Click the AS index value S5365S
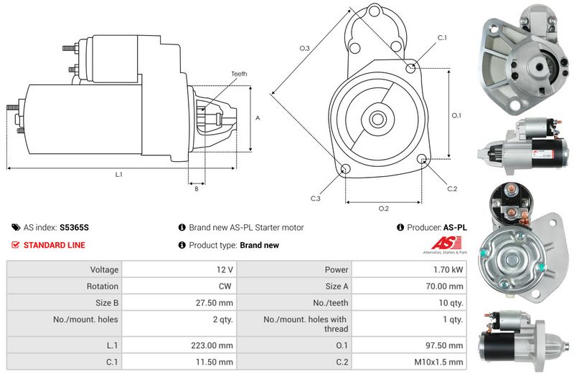click(x=75, y=227)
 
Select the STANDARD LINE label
click(x=54, y=245)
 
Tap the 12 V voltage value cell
click(x=224, y=269)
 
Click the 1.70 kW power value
click(x=448, y=269)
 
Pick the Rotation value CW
click(x=226, y=286)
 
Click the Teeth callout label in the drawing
click(x=239, y=74)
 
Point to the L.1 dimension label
click(x=118, y=175)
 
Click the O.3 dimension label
click(x=304, y=49)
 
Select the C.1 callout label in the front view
click(x=442, y=37)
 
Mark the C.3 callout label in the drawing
click(x=316, y=198)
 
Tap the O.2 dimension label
click(x=384, y=208)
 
